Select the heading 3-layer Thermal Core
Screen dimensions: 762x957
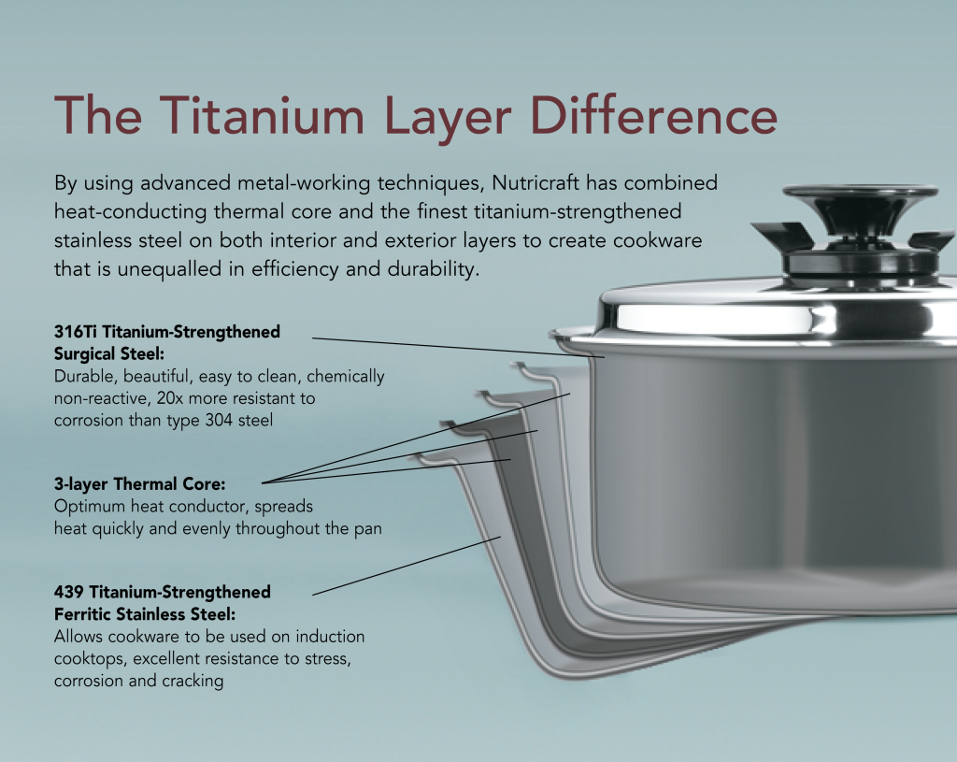point(140,484)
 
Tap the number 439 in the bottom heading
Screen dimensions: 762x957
point(71,592)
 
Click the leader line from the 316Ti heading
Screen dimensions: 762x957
point(449,345)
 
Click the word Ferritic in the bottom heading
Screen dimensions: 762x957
point(85,614)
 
